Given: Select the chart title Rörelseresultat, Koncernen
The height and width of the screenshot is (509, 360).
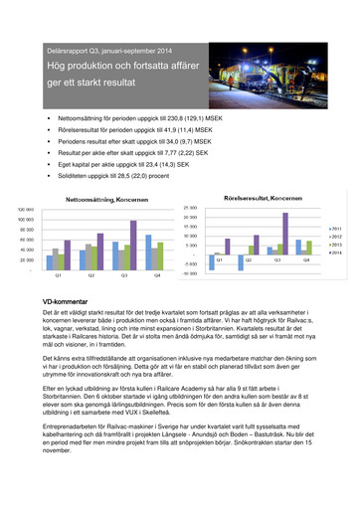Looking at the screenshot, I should (253, 200).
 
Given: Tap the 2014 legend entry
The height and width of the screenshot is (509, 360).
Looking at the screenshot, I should (336, 252).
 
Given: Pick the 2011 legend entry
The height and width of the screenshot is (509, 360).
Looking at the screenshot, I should (336, 228).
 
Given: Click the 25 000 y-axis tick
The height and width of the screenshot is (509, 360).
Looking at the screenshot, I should (191, 207).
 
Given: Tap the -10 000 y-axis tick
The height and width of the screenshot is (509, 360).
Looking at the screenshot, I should (189, 273).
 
